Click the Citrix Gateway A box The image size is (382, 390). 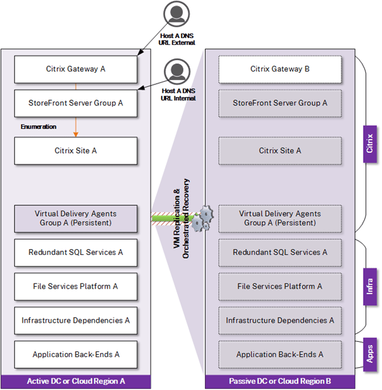coord(76,69)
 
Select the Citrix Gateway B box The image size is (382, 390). coord(280,69)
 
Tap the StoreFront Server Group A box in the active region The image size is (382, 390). coord(76,103)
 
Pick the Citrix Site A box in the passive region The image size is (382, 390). coord(280,151)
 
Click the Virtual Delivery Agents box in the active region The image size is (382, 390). coord(76,218)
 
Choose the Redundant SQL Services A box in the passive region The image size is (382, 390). coord(280,252)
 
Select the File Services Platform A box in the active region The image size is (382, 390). coord(76,287)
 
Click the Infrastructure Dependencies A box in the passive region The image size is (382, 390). coord(280,321)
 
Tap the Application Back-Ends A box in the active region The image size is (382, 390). coord(76,354)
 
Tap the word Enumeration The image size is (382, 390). coord(38,127)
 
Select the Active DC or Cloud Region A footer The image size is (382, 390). coord(76,381)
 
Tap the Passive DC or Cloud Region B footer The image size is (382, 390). coord(280,381)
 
